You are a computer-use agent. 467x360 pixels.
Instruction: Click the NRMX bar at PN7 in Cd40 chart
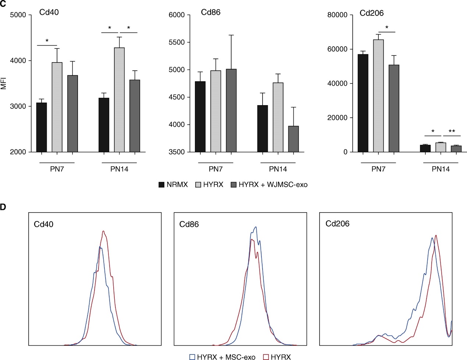(x=42, y=127)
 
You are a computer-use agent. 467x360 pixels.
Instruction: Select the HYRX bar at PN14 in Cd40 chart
(x=119, y=100)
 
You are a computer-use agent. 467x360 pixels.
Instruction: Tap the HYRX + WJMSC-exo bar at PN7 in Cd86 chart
(x=231, y=110)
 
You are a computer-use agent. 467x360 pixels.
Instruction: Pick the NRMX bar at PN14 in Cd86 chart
(x=263, y=129)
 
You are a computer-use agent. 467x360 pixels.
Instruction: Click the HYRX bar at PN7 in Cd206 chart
(x=378, y=96)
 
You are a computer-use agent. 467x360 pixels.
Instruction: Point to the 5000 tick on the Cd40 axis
(x=18, y=15)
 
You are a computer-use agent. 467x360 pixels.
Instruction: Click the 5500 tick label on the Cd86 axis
(x=177, y=42)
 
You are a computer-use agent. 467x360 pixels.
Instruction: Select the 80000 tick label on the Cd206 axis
(x=337, y=15)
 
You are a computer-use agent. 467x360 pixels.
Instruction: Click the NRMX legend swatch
(x=161, y=185)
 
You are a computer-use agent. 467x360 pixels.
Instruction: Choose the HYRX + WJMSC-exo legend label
(x=273, y=185)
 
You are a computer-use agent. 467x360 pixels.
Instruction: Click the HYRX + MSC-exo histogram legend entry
(x=222, y=357)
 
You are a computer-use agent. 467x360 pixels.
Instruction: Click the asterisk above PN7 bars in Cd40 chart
(x=47, y=41)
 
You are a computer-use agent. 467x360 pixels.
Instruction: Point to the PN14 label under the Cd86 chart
(x=278, y=169)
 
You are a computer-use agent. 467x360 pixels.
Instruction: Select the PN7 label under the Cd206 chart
(x=378, y=169)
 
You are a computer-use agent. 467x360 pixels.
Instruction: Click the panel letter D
(x=3, y=207)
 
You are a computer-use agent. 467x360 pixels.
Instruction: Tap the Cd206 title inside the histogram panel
(x=338, y=224)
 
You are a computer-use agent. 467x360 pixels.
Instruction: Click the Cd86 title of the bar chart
(x=211, y=13)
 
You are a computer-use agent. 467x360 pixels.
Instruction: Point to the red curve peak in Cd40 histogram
(x=104, y=231)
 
